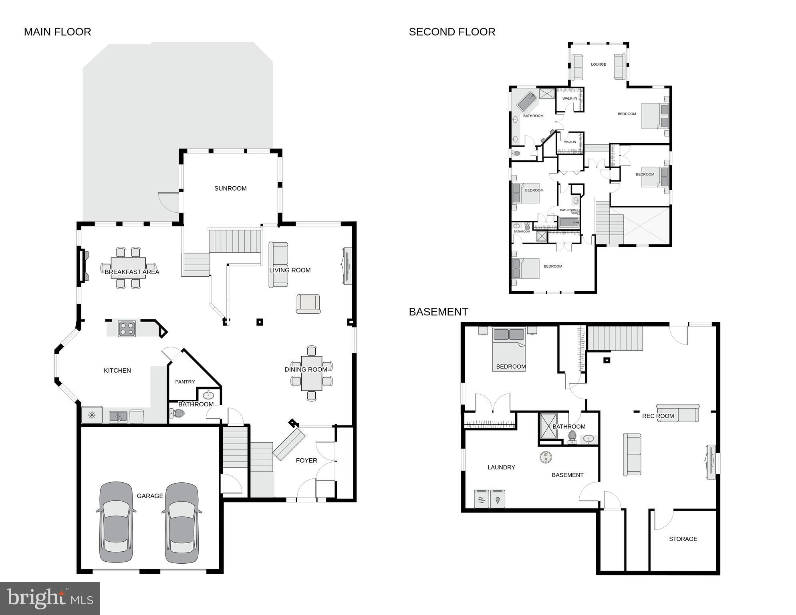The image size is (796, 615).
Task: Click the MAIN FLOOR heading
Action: [x=57, y=32]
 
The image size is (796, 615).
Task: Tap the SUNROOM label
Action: [x=230, y=188]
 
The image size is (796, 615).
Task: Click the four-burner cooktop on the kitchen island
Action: [x=127, y=329]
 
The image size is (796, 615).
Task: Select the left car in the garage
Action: [x=116, y=522]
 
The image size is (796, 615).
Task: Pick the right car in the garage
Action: [x=181, y=522]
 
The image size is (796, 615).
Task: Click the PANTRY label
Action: [x=185, y=382]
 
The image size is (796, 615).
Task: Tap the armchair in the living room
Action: [x=308, y=304]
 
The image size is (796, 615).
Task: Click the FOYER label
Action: [x=306, y=460]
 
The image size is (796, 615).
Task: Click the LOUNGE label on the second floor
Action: [x=598, y=64]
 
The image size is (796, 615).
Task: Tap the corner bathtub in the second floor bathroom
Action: [x=526, y=101]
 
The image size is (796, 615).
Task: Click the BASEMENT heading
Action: [x=438, y=312]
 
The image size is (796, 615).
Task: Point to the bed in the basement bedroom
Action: [x=508, y=349]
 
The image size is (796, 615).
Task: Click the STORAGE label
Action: [x=683, y=539]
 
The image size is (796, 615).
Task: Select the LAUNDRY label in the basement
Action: [x=501, y=467]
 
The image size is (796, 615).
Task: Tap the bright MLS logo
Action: [x=50, y=598]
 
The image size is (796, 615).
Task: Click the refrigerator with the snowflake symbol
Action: [x=92, y=415]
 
